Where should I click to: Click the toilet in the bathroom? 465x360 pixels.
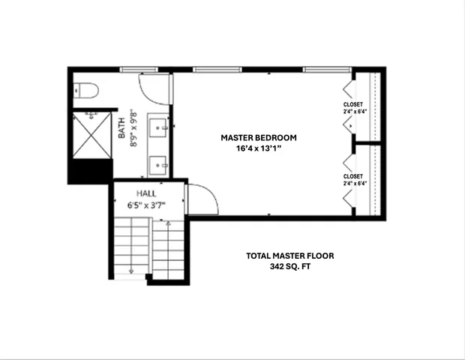86,91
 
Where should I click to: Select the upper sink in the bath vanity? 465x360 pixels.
159,127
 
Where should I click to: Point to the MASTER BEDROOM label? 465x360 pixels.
259,138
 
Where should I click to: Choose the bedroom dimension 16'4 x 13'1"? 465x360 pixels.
259,148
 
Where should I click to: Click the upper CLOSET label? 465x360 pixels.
352,104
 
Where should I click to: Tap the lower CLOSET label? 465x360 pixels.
352,176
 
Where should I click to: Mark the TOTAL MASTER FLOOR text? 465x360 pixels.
290,256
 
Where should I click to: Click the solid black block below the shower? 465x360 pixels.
90,171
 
